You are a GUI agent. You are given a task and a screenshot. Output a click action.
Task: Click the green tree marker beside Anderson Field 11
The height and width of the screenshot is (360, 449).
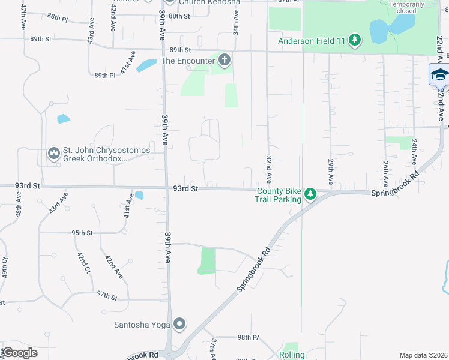point(355,41)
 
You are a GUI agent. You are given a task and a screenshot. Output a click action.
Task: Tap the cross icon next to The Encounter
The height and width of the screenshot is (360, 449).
point(224,60)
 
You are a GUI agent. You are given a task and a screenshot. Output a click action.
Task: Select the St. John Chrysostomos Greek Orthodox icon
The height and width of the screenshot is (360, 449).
point(53,154)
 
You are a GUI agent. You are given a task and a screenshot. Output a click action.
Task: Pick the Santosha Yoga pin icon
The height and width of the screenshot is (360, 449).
point(179,325)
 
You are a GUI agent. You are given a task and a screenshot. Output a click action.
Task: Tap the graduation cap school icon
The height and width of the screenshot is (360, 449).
point(439,75)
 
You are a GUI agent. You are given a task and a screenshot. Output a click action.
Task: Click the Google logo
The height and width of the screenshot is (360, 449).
point(20,353)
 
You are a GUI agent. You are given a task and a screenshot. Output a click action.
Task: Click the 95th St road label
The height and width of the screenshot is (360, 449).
point(82,233)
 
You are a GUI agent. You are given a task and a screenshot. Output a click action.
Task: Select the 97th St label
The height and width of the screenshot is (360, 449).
point(107,296)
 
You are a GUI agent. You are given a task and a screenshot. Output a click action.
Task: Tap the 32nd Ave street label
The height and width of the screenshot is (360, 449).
point(268,170)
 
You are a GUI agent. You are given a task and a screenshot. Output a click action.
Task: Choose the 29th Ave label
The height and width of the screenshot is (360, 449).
point(330,172)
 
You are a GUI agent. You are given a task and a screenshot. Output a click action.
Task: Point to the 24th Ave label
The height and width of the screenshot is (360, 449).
point(414,152)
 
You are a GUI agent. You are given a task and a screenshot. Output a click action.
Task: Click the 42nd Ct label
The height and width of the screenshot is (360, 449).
point(83,264)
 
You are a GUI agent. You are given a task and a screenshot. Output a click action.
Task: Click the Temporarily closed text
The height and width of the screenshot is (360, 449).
point(411,8)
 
